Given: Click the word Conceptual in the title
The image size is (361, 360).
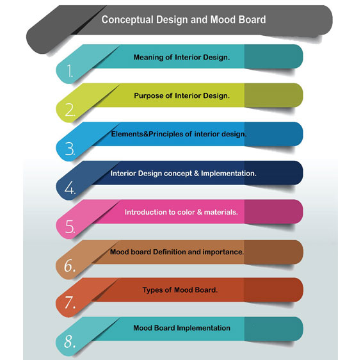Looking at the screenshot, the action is [x=127, y=20].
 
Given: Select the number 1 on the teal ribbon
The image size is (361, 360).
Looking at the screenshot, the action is [x=70, y=70].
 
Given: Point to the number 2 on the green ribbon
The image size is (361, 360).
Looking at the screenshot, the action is [x=70, y=110].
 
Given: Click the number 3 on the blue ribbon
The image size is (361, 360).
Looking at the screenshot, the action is [x=70, y=149].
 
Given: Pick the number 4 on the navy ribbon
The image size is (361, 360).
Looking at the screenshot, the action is [x=70, y=188].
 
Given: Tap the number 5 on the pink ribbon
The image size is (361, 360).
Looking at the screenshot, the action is [x=70, y=226].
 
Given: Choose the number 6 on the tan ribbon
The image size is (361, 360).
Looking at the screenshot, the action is [x=70, y=266].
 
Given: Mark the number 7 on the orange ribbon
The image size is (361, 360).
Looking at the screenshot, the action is [x=70, y=302].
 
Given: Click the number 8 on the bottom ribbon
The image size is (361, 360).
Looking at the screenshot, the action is [x=70, y=341].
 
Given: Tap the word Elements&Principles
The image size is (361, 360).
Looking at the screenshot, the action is [x=147, y=134].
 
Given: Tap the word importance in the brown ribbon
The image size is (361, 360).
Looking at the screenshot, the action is [x=223, y=252].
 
